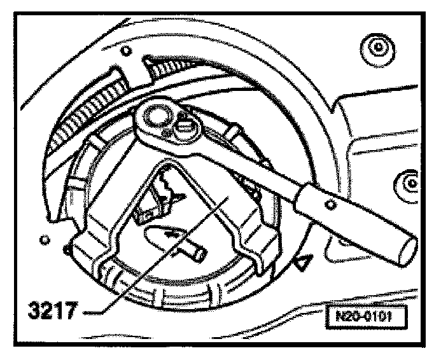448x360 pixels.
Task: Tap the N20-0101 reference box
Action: coord(367,316)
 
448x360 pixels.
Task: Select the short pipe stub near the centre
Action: coord(195,251)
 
